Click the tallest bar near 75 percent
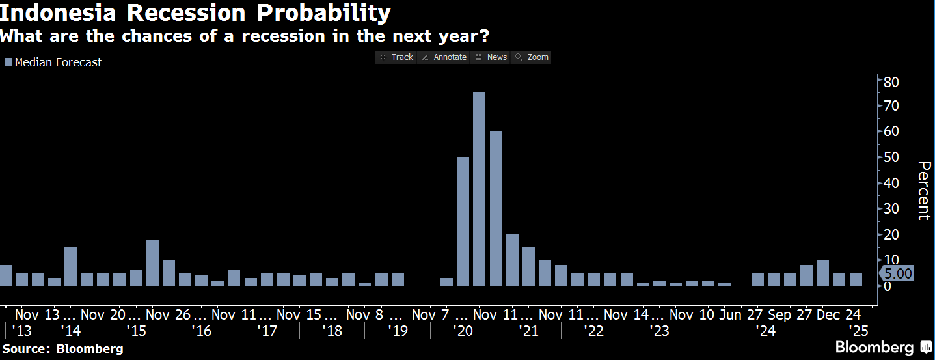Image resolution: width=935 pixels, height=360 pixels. point(479,189)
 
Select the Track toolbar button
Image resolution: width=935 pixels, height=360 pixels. point(396,57)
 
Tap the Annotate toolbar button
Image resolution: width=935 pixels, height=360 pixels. point(444,57)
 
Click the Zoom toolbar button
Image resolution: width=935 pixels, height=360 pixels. point(532,57)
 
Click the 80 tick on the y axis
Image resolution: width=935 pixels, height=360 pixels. point(891,81)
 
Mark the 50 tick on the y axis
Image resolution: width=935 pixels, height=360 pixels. point(891,158)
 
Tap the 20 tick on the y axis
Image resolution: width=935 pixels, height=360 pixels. point(891,234)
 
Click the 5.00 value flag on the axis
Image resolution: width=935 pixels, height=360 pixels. point(898,273)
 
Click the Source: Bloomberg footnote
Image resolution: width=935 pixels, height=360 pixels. point(62,348)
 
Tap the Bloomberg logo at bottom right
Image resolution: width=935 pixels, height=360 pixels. point(883,347)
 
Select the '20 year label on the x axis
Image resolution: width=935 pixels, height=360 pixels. point(463,331)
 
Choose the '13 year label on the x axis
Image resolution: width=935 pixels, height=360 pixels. point(21,331)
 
